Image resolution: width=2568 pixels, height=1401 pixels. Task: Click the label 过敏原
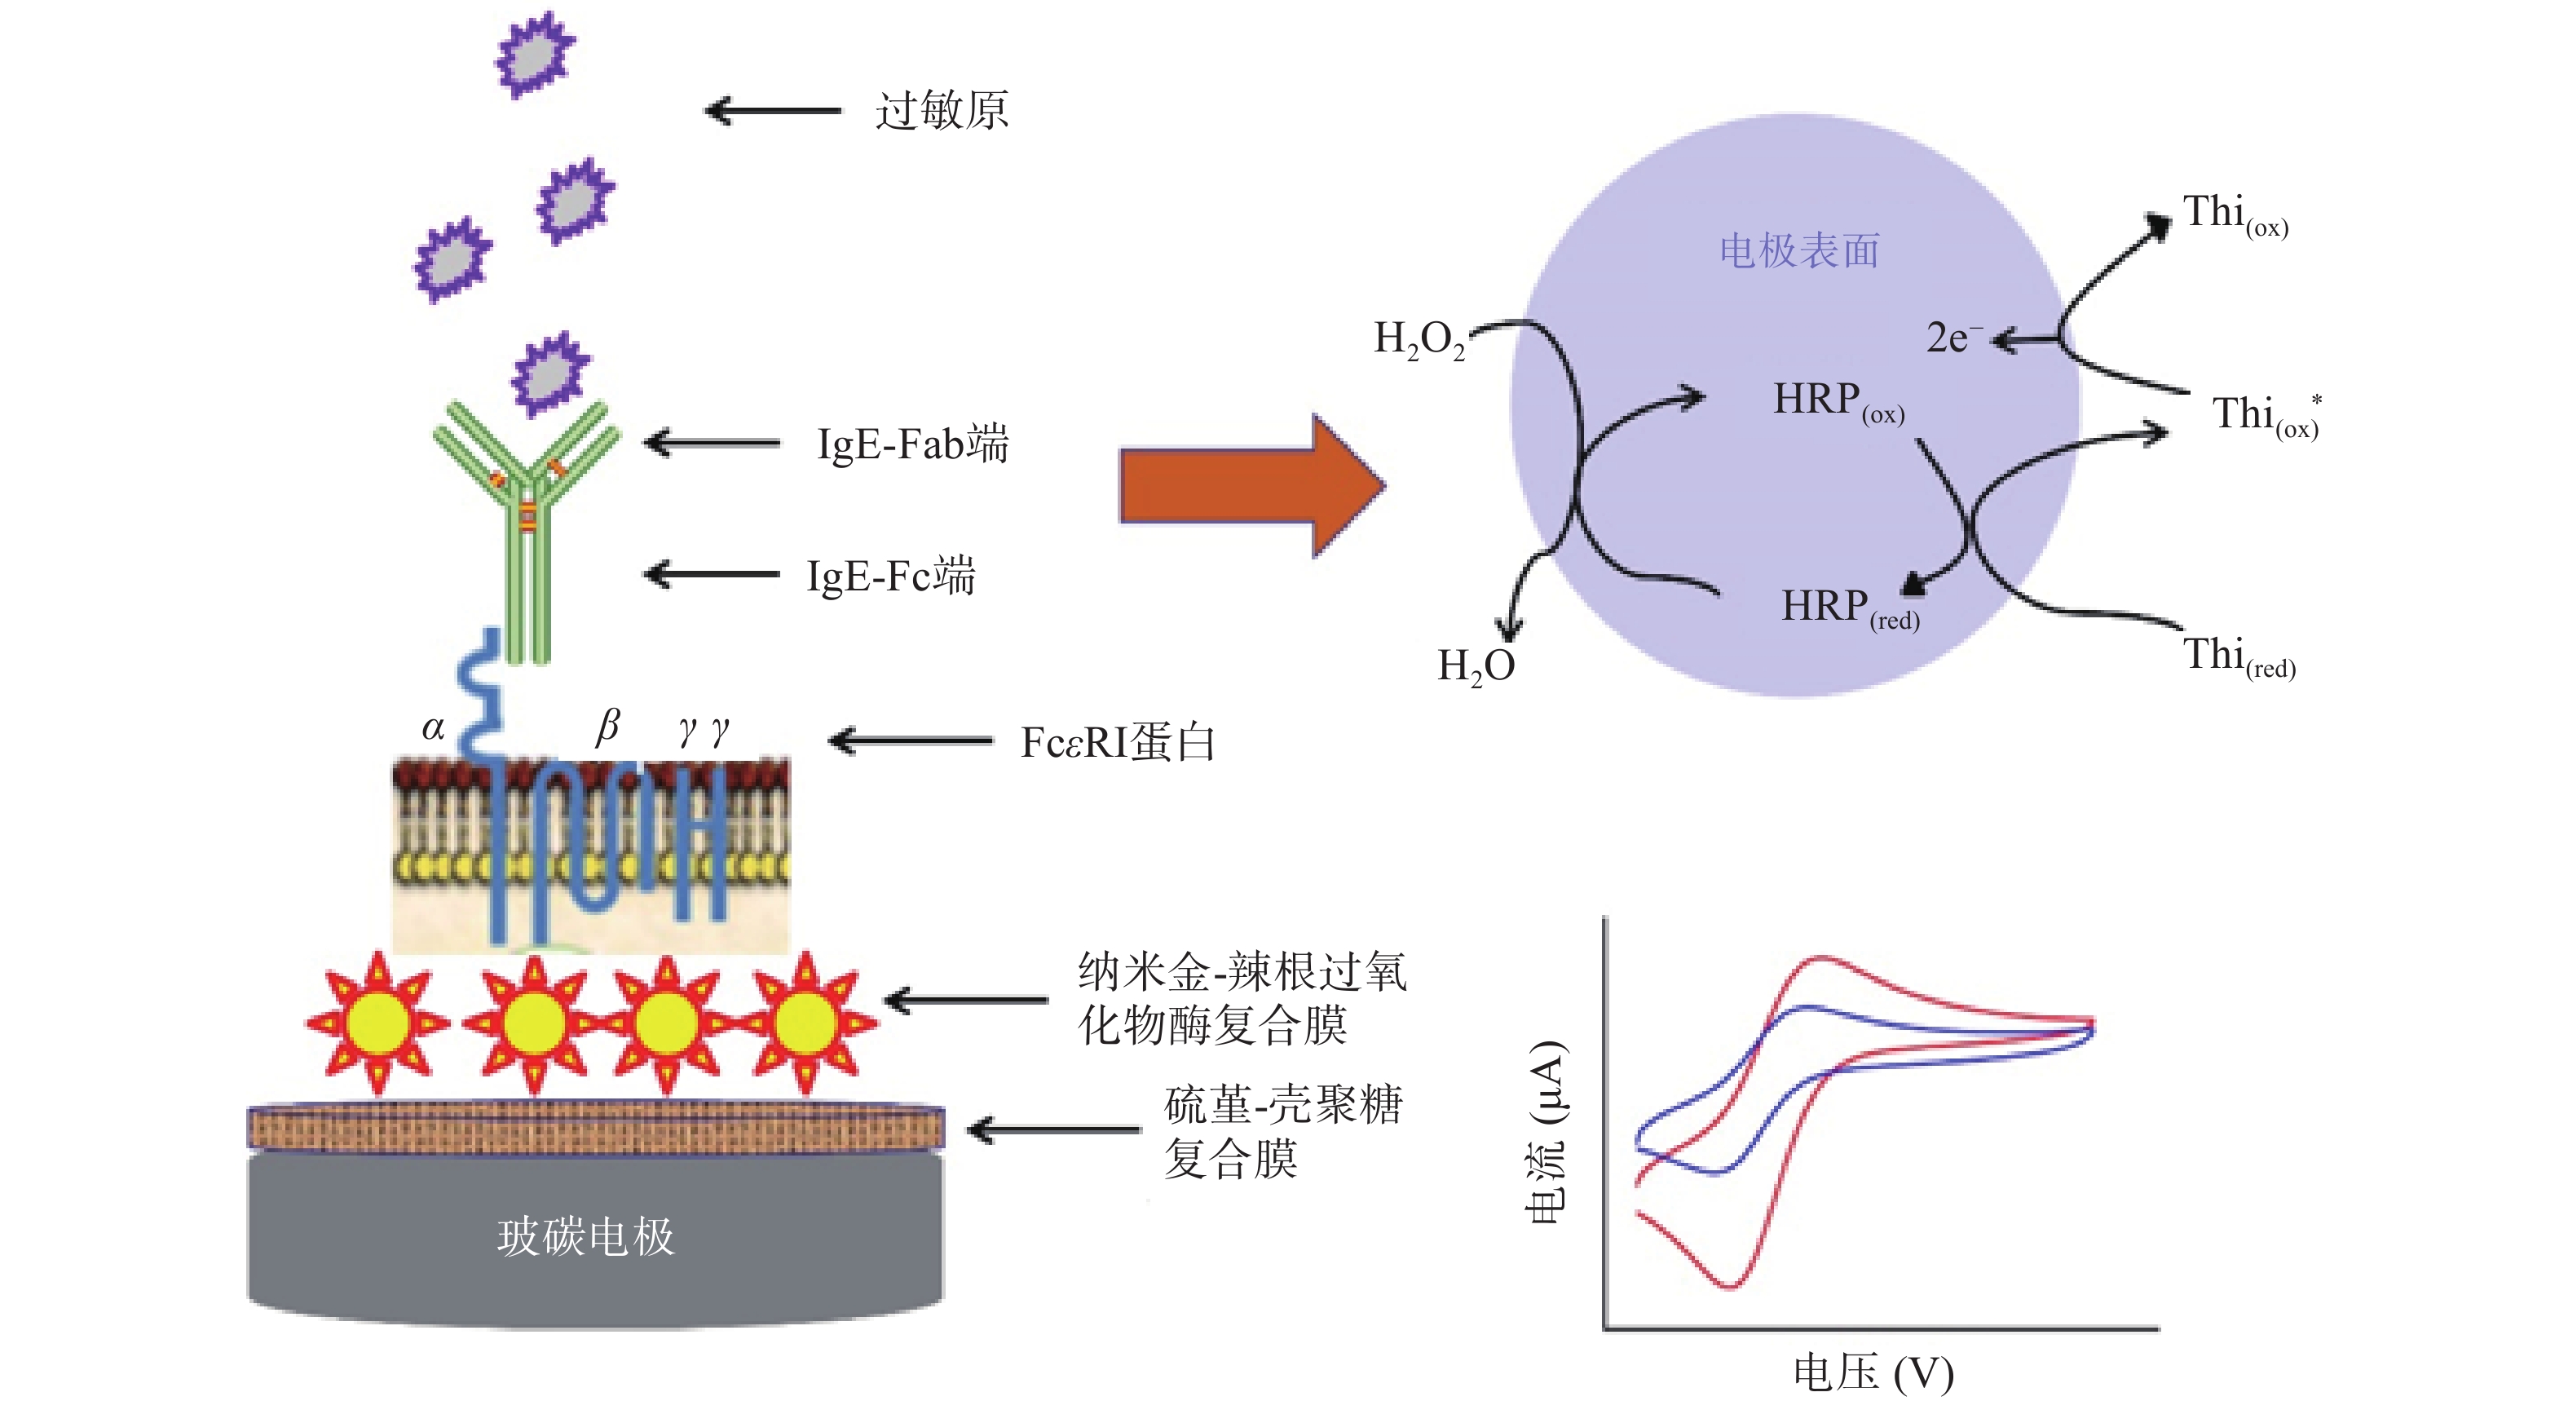(941, 110)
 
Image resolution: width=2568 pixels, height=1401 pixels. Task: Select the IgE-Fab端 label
(911, 444)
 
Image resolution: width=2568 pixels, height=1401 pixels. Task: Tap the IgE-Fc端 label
(889, 576)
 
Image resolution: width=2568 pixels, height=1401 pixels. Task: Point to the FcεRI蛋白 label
(1117, 742)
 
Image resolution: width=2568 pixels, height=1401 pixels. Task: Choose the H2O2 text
(1419, 339)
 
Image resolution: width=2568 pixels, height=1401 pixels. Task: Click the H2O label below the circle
(1476, 666)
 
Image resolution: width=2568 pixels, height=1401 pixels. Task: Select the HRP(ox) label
(1838, 401)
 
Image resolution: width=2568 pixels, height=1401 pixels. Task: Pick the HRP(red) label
(1849, 608)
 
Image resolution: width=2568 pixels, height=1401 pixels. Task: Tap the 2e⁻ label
(1952, 338)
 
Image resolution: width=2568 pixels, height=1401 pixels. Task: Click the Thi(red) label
(2238, 657)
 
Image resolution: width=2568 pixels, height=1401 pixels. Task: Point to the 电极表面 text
(1799, 250)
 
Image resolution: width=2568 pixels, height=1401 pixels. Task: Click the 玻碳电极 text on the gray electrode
(586, 1236)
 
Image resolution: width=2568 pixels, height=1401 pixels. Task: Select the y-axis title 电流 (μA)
(1547, 1132)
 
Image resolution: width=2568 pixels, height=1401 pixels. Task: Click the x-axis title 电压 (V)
(1872, 1373)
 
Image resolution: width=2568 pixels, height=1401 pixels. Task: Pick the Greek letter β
(607, 726)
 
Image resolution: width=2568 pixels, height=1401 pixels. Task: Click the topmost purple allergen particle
(536, 54)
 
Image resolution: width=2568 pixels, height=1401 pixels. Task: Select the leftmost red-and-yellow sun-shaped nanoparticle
(377, 1022)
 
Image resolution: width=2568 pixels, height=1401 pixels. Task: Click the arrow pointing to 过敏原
(773, 110)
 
